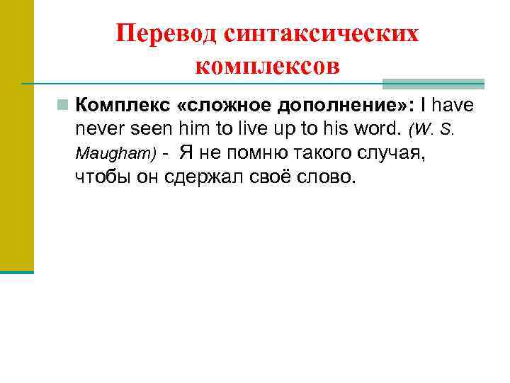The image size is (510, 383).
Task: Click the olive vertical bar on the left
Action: point(16,135)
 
